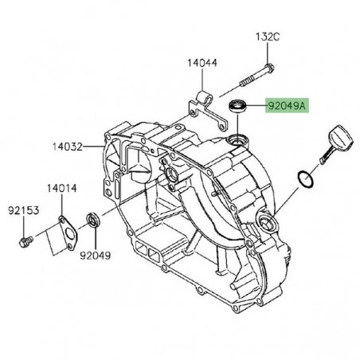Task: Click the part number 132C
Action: click(268, 37)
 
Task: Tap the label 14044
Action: click(203, 62)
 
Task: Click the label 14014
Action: click(61, 188)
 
